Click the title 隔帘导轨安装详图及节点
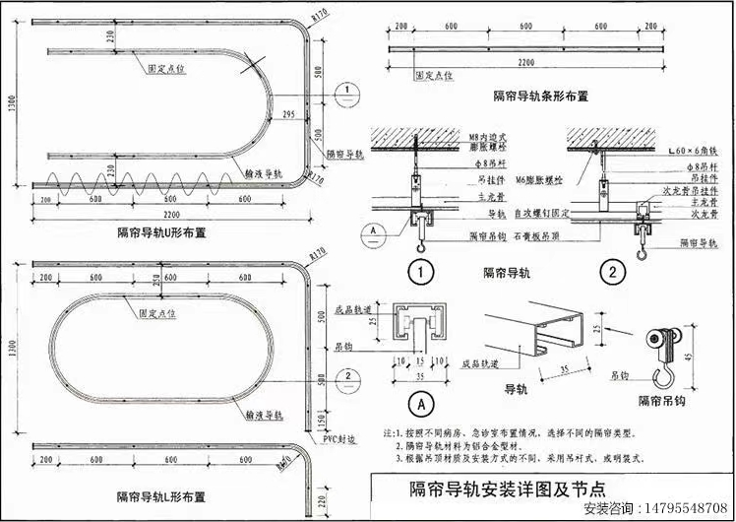(x=507, y=488)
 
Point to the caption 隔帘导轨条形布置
(x=541, y=97)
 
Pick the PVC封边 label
(x=340, y=442)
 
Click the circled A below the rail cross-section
(x=417, y=403)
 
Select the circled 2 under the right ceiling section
(x=612, y=271)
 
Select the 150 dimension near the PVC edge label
(x=322, y=422)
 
